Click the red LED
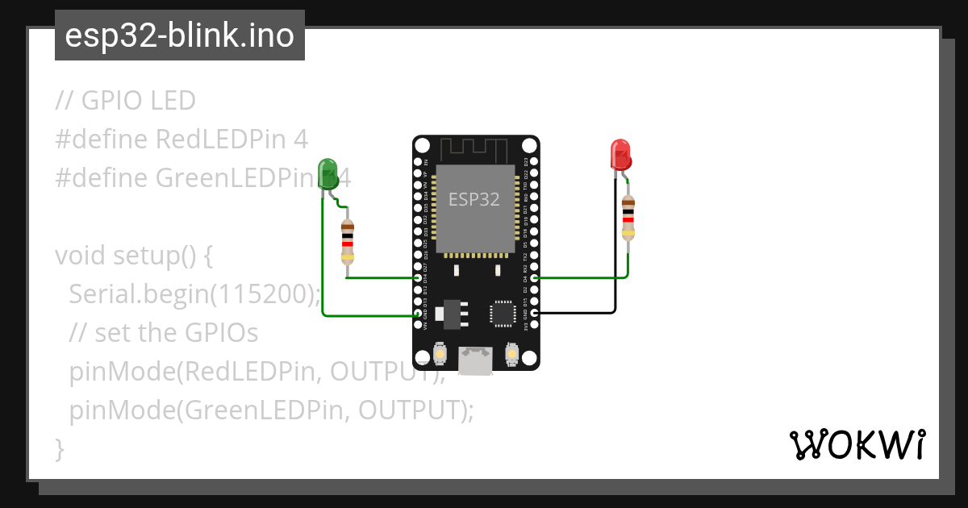click(620, 154)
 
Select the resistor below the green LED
click(348, 241)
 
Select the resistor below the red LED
click(628, 217)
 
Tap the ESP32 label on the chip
click(474, 199)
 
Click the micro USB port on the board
click(475, 360)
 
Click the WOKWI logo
click(857, 444)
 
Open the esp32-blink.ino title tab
click(179, 35)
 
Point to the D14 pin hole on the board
click(418, 277)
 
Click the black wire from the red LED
click(615, 266)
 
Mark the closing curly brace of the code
click(59, 449)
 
